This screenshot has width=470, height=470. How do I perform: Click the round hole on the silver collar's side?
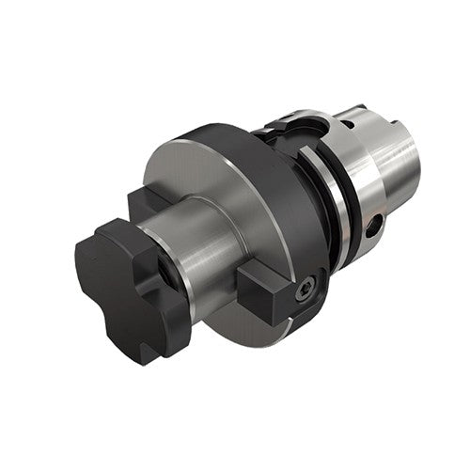[x=374, y=227]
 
